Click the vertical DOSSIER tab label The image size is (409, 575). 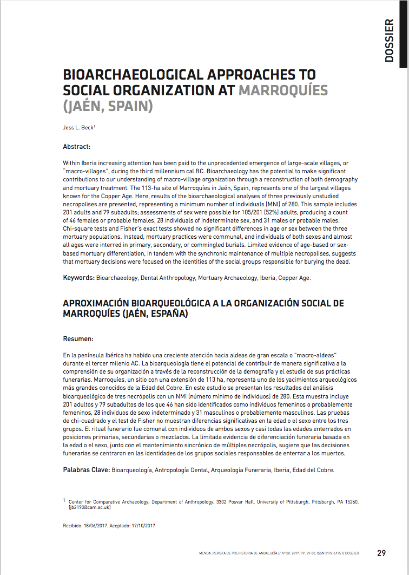pos(388,41)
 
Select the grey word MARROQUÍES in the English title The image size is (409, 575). pos(283,90)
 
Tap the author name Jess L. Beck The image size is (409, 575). pos(78,128)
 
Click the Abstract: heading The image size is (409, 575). pos(77,147)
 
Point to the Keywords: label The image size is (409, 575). pos(79,278)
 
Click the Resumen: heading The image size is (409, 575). pos(78,339)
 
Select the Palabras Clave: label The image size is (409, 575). pos(87,470)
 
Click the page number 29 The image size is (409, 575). pos(381,553)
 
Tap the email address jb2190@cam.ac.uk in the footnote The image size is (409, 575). pos(90,507)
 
